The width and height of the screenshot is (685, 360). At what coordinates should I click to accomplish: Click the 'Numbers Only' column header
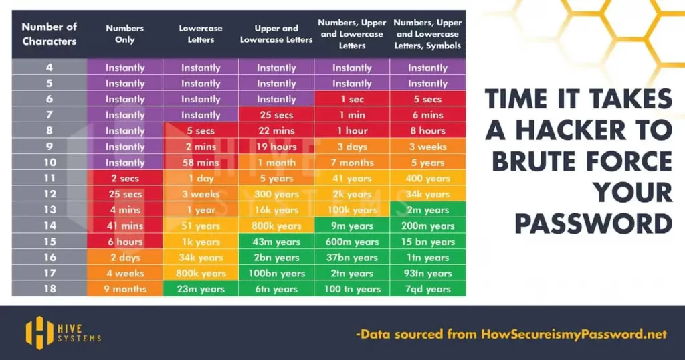pos(124,34)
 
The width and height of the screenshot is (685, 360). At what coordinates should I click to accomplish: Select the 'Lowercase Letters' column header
pos(201,34)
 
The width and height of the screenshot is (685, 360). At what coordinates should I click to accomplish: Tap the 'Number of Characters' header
pos(50,34)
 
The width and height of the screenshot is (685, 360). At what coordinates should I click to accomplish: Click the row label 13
pos(50,210)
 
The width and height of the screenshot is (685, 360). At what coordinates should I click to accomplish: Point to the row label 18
pos(50,289)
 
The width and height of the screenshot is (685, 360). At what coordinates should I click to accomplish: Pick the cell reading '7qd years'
pos(427,289)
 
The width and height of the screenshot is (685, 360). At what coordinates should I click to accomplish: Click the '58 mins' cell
pos(201,163)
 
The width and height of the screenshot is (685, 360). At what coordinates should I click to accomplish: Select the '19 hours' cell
pos(276,147)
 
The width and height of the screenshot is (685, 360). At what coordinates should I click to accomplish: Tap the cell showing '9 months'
pos(125,289)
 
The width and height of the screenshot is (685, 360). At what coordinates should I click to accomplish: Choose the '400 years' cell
pos(427,179)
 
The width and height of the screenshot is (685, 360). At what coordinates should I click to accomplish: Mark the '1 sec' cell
pos(352,99)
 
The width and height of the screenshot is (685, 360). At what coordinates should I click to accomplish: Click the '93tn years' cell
pos(427,273)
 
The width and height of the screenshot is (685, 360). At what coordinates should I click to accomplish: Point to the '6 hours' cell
pos(125,242)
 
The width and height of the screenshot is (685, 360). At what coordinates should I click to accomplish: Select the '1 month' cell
pos(276,163)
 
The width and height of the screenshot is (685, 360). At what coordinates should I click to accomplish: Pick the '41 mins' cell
pos(125,226)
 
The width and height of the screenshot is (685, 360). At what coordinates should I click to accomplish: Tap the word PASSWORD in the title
pos(593,223)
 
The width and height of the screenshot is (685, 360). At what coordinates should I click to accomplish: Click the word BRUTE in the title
pos(536,161)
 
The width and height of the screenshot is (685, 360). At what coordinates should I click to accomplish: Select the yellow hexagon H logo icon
pos(39,331)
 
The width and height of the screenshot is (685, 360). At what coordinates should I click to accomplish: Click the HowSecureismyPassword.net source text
pos(573,333)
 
